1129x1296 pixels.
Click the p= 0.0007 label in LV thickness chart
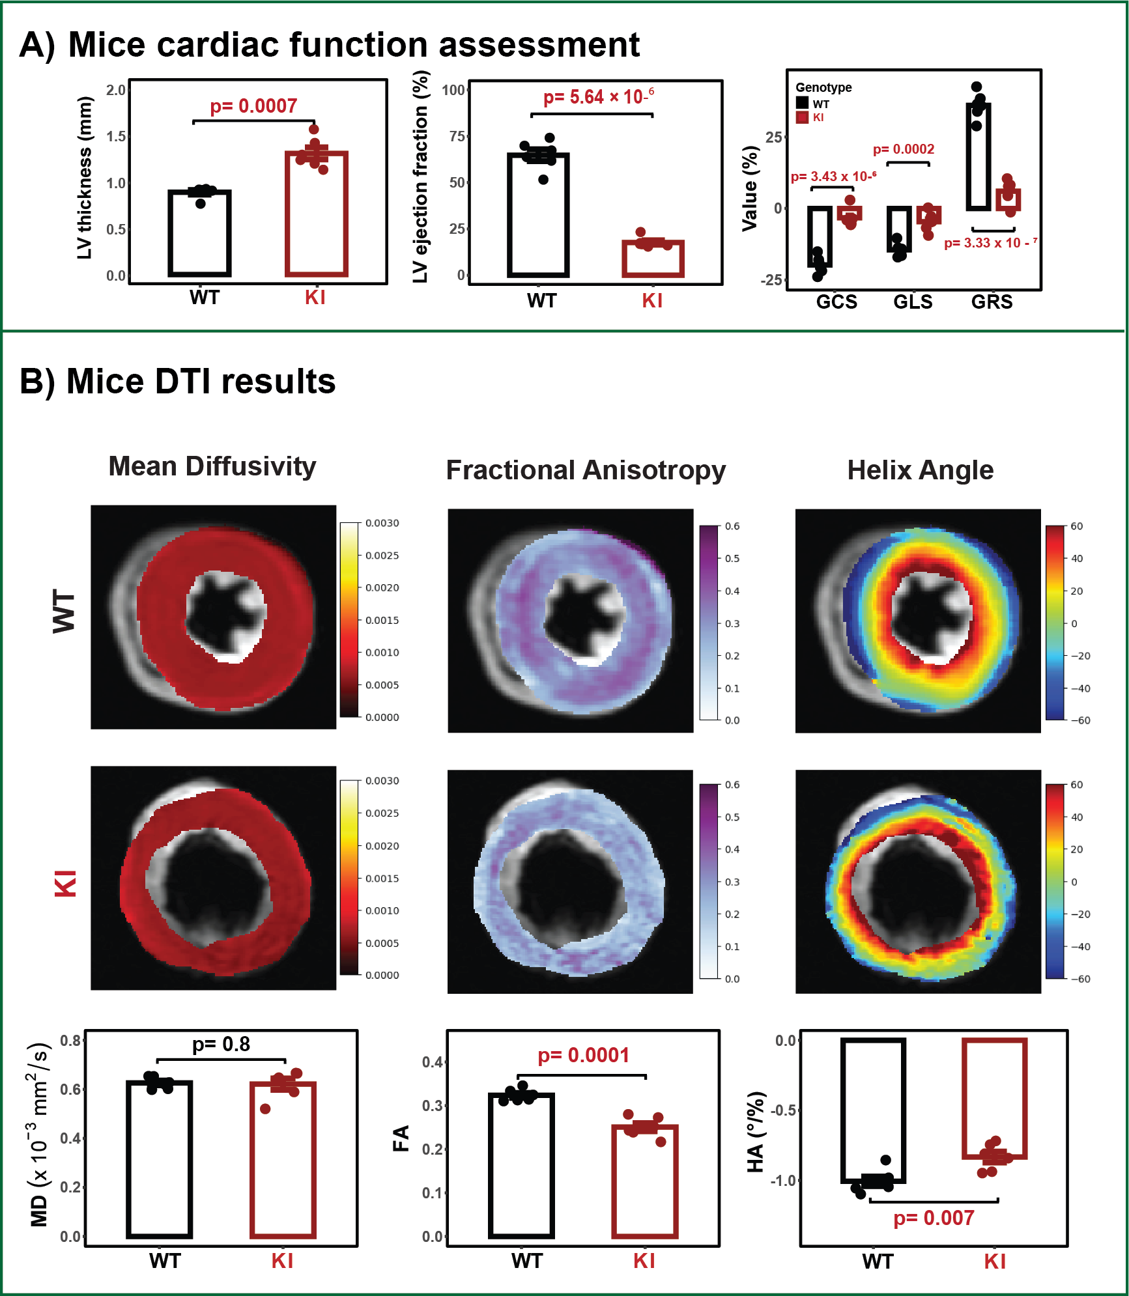point(253,106)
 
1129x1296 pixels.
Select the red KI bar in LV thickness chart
point(317,214)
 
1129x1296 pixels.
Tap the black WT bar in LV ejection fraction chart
point(538,215)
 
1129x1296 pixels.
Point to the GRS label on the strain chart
point(992,302)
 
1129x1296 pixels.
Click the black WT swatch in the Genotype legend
point(802,103)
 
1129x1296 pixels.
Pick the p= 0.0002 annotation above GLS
point(904,149)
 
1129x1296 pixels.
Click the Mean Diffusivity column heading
point(212,466)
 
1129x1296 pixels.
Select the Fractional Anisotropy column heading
point(586,470)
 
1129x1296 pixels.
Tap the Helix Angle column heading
point(921,470)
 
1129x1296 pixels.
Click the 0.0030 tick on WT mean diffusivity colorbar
point(382,523)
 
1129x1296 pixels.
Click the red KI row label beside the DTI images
point(66,882)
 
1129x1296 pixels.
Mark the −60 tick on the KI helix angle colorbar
point(1081,979)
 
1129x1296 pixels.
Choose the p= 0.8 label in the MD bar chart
point(221,1045)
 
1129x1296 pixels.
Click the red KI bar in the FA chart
point(645,1181)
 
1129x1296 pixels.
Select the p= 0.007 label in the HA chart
point(934,1218)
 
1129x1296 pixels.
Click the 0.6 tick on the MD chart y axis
point(70,1090)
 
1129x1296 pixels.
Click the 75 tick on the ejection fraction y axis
point(457,136)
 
